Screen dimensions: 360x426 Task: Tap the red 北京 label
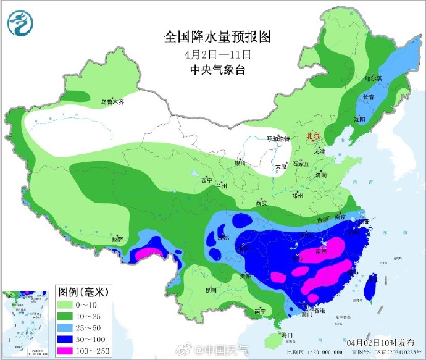[314, 136]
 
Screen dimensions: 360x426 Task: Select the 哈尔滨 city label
[374, 78]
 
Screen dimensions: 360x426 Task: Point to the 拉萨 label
[117, 238]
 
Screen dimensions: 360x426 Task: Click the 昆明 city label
[211, 289]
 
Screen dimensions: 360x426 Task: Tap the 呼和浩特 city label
[277, 139]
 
